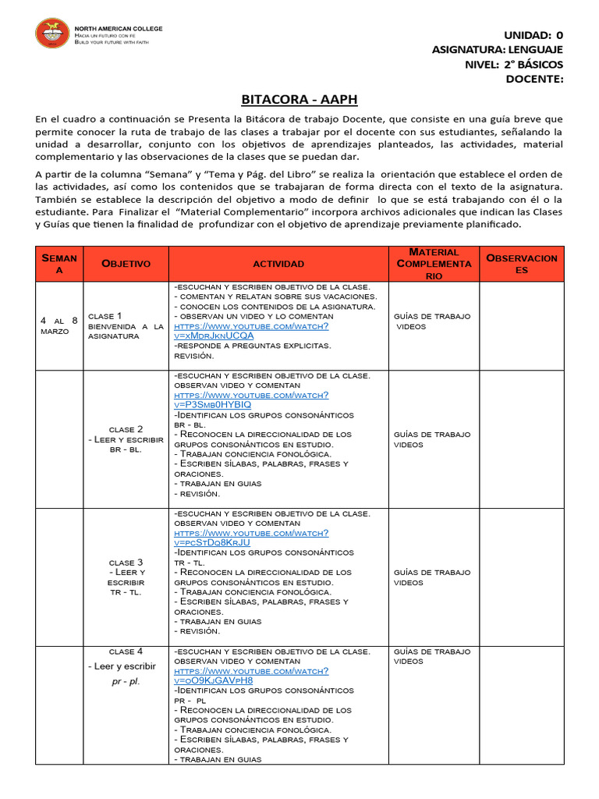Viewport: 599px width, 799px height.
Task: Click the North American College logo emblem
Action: [x=52, y=33]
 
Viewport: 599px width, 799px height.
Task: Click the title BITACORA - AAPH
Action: [x=299, y=100]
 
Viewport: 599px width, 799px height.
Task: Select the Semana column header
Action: [x=59, y=264]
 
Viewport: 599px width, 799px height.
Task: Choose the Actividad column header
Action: [x=278, y=264]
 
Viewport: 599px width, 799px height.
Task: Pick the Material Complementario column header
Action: [x=434, y=264]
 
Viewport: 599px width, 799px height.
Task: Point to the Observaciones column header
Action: [x=521, y=264]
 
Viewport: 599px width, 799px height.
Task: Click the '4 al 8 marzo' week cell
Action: [x=59, y=325]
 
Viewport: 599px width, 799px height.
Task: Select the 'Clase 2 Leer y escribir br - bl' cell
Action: [x=126, y=439]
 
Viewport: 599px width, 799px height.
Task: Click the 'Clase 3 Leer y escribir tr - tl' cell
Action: [x=126, y=577]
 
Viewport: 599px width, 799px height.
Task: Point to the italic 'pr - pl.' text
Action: [x=126, y=681]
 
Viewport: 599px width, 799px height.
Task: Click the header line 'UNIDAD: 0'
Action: [x=533, y=35]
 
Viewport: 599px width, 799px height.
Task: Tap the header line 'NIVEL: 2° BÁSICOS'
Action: [x=513, y=64]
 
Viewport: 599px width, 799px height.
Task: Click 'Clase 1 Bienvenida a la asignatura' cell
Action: [x=126, y=325]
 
